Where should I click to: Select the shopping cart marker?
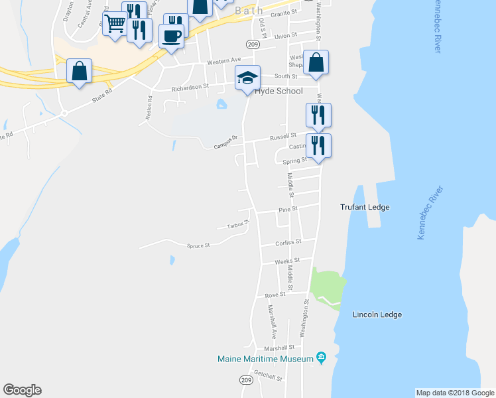pos(115,25)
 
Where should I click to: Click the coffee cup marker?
pos(171,36)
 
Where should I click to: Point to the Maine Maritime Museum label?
pos(265,359)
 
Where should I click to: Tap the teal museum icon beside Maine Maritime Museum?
pos(321,358)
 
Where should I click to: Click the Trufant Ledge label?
pos(365,207)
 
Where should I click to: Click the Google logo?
pos(22,390)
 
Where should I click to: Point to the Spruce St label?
pos(198,245)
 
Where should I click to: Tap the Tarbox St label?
pos(237,224)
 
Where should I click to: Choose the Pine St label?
pos(286,210)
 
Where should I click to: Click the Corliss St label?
pos(289,242)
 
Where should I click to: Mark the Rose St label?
pos(275,295)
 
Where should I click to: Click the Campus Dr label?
pos(225,145)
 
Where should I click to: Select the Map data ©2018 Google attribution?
pos(454,393)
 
